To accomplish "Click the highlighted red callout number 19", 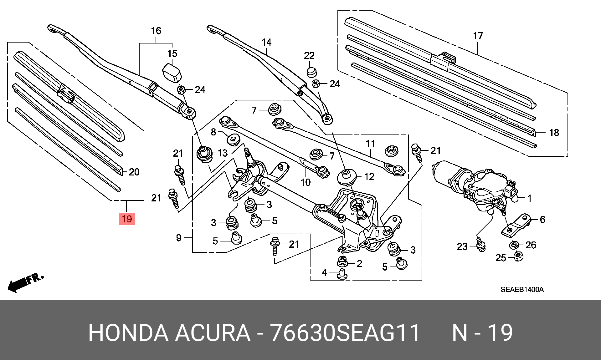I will coord(127,218).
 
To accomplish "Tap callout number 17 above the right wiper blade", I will coord(478,36).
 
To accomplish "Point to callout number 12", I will coord(369,177).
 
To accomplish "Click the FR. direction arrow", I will coord(25,282).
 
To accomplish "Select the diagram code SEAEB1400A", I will coord(522,290).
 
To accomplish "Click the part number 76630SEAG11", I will coord(344,333).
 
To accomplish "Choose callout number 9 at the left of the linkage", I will coord(178,238).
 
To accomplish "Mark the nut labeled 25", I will coord(519,257).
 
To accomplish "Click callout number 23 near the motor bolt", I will coord(462,247).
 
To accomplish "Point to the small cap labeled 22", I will coord(311,72).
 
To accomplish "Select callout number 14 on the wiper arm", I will coord(267,42).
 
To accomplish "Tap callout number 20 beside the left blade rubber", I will coord(134,172).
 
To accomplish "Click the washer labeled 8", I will coord(232,139).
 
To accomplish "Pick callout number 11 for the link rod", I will coord(370,144).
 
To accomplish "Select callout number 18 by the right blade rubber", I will coord(554,132).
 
